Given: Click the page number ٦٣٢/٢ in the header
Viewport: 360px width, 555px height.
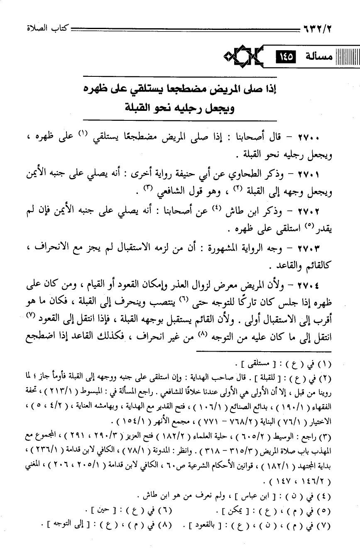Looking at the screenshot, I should click(x=319, y=29).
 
